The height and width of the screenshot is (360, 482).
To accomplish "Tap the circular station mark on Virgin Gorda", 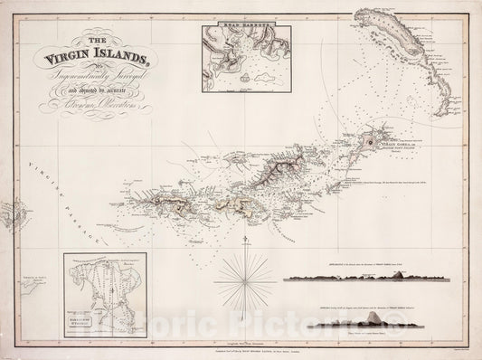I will click(370, 142).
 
